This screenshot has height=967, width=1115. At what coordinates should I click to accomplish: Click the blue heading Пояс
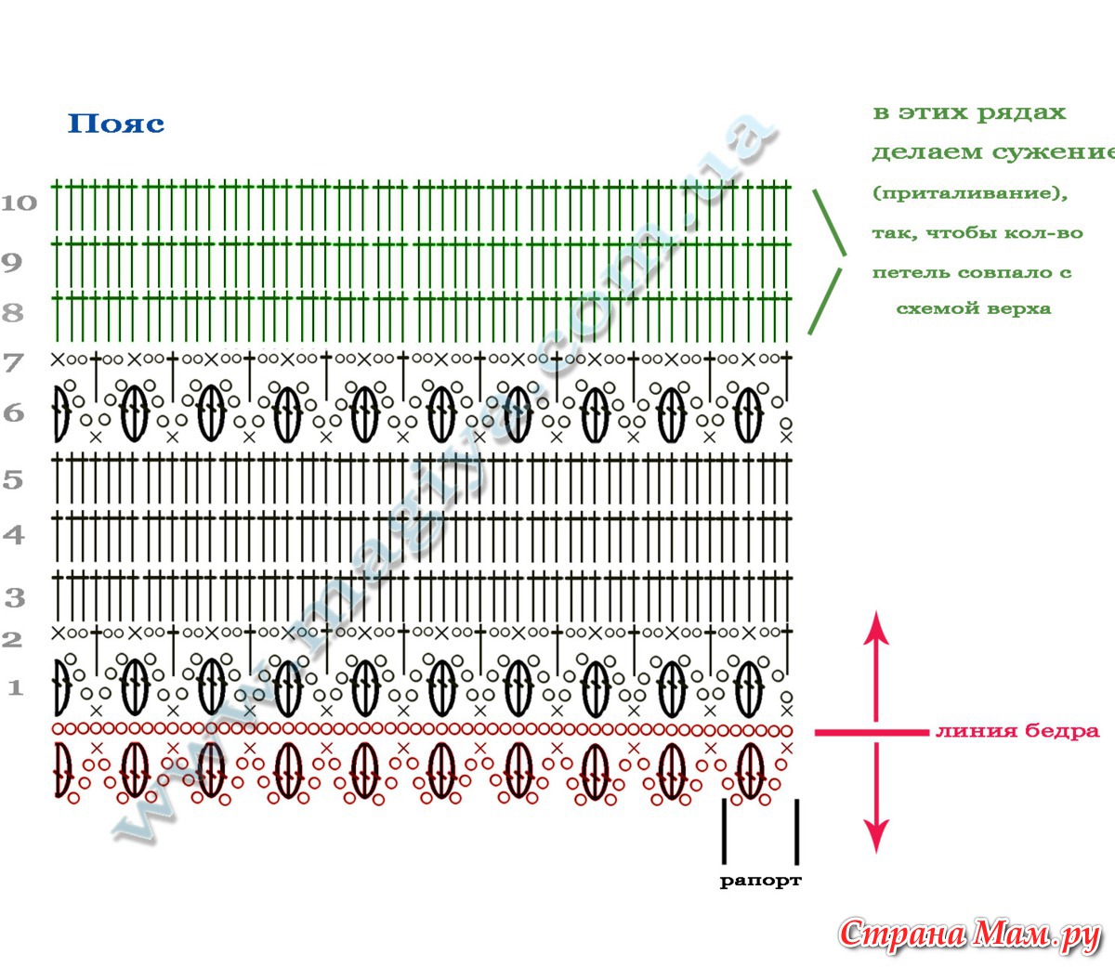pyautogui.click(x=116, y=124)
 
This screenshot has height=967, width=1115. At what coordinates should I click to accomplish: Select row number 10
pyautogui.click(x=19, y=203)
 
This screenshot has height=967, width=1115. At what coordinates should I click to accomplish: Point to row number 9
pyautogui.click(x=11, y=262)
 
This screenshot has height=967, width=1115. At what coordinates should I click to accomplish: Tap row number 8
pyautogui.click(x=12, y=312)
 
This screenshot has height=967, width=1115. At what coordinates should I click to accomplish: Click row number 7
pyautogui.click(x=12, y=361)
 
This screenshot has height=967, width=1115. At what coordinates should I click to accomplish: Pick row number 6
pyautogui.click(x=13, y=412)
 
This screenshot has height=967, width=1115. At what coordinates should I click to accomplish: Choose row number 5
pyautogui.click(x=12, y=480)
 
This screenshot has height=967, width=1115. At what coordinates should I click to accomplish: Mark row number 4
pyautogui.click(x=13, y=535)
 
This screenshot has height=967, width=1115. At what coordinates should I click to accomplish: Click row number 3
pyautogui.click(x=14, y=597)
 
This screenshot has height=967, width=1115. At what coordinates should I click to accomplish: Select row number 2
pyautogui.click(x=12, y=639)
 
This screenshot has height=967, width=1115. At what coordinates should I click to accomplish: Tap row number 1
pyautogui.click(x=14, y=688)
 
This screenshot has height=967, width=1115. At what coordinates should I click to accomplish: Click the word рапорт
pyautogui.click(x=760, y=881)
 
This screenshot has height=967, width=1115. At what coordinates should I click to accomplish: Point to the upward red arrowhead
pyautogui.click(x=876, y=626)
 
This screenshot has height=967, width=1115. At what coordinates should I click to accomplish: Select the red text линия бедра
pyautogui.click(x=1017, y=731)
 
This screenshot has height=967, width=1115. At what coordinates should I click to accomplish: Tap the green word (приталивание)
pyautogui.click(x=969, y=193)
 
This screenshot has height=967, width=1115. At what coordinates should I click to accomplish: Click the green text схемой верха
pyautogui.click(x=973, y=308)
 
